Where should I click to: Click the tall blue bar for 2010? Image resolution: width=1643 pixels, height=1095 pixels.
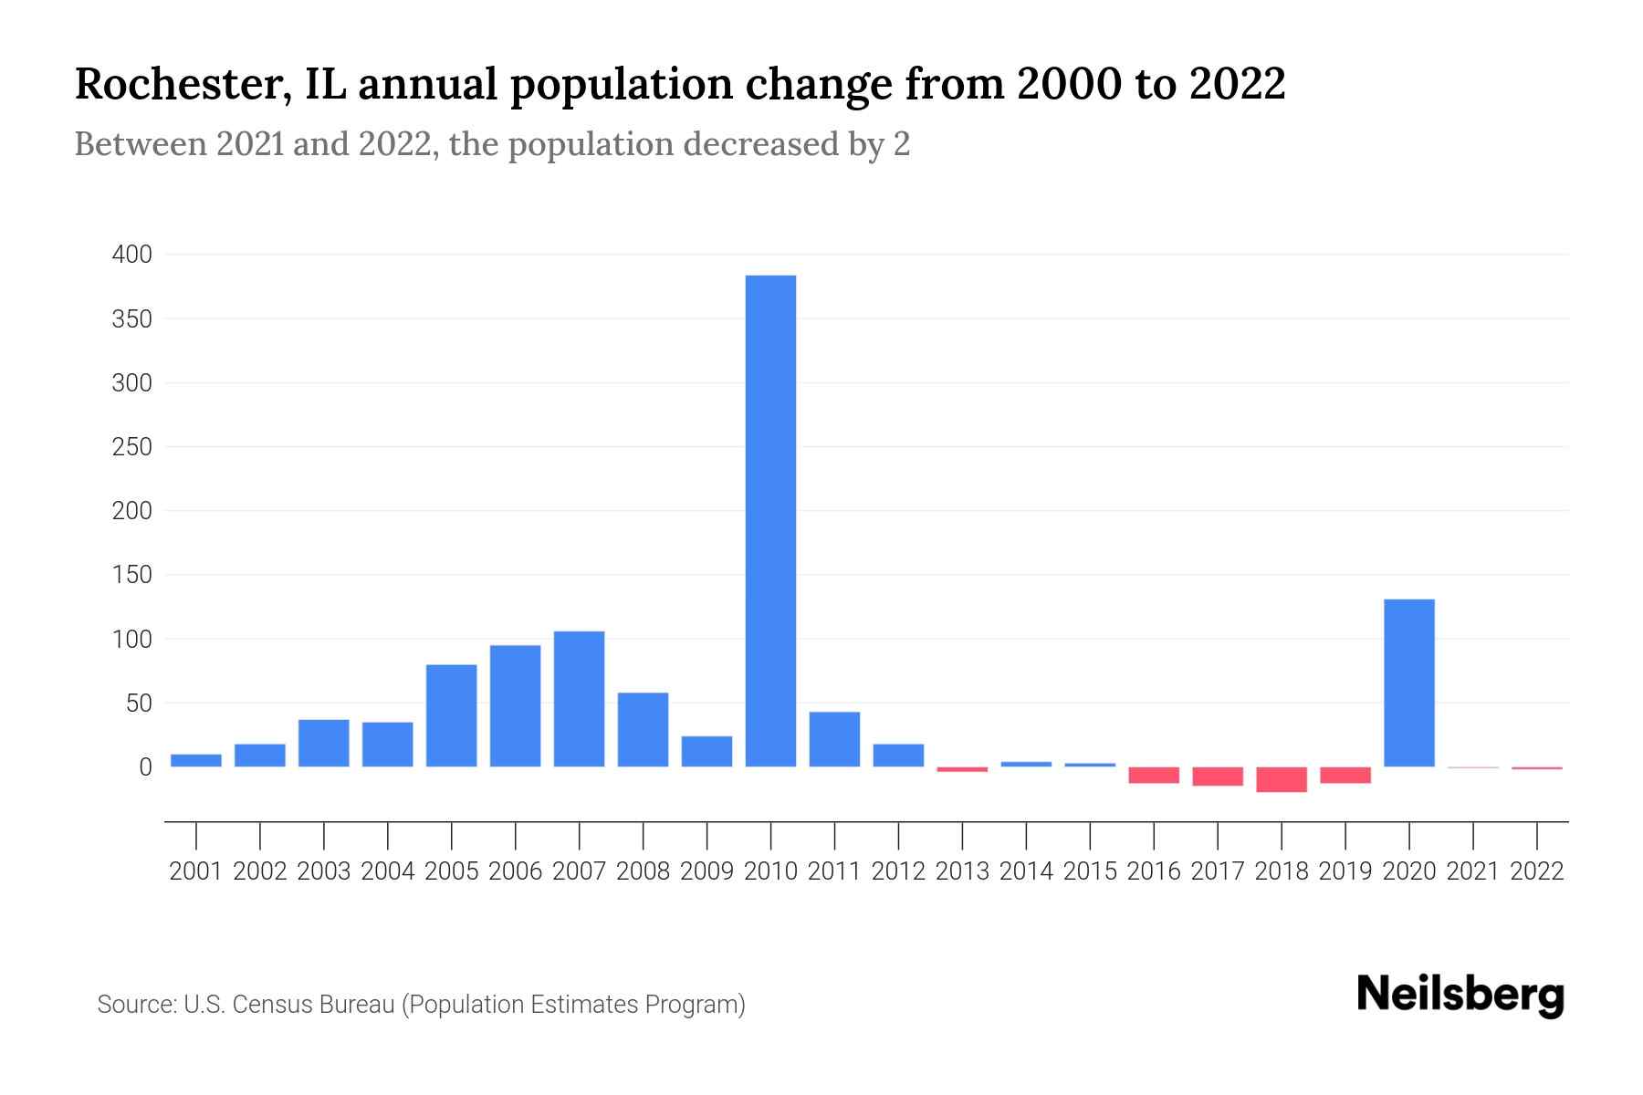(x=770, y=520)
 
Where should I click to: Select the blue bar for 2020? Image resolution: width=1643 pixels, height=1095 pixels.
(x=1408, y=683)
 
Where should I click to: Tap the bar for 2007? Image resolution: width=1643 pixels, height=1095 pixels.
(x=579, y=699)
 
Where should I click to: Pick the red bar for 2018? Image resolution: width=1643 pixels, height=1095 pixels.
(x=1281, y=779)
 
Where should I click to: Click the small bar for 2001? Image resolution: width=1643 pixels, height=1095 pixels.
(x=196, y=760)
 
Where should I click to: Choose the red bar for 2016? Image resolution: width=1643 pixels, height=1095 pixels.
(x=1153, y=775)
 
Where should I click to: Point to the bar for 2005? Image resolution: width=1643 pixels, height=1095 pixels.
(x=451, y=715)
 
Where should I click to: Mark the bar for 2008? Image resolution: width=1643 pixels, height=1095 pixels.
(x=643, y=729)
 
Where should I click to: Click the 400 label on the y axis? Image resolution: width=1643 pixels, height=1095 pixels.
(x=131, y=255)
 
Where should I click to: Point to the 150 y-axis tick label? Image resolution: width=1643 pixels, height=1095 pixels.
(x=131, y=575)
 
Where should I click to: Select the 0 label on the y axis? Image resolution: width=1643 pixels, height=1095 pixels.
(x=144, y=767)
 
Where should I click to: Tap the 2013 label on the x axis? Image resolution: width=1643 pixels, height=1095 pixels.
(x=962, y=871)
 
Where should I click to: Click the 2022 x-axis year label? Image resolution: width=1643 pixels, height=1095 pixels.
(x=1537, y=871)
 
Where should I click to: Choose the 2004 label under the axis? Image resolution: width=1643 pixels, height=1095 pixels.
(x=387, y=871)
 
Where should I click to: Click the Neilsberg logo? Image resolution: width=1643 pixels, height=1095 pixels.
(x=1460, y=995)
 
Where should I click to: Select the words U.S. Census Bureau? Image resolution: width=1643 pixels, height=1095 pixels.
(x=289, y=1005)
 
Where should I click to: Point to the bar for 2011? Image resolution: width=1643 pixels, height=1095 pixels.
(x=834, y=739)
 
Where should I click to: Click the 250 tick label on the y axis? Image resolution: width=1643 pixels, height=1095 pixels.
(x=131, y=447)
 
